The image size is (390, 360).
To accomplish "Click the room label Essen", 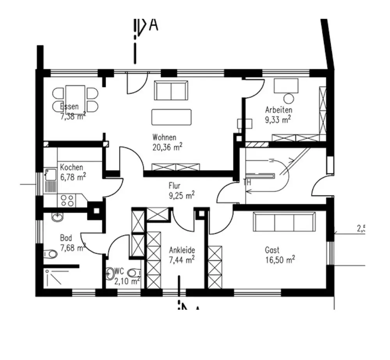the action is pyautogui.click(x=69, y=106).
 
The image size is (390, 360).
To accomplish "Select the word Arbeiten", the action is pyautogui.click(x=278, y=110).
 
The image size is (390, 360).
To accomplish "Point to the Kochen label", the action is pyautogui.click(x=71, y=168).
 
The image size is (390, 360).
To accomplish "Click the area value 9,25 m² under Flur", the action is pyautogui.click(x=182, y=195).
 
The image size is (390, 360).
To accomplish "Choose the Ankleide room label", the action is pyautogui.click(x=182, y=250).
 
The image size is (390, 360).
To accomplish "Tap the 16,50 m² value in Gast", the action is pyautogui.click(x=280, y=259).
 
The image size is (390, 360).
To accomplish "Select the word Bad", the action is pyautogui.click(x=66, y=238).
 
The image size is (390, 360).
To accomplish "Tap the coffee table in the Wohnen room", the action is pyautogui.click(x=172, y=117).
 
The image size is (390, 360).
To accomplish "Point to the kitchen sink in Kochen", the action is pyautogui.click(x=50, y=180).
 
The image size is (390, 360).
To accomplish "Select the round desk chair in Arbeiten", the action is pyautogui.click(x=289, y=98).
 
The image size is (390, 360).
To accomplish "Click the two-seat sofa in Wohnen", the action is pyautogui.click(x=171, y=91).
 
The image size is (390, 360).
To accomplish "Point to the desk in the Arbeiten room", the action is pyautogui.click(x=286, y=86).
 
